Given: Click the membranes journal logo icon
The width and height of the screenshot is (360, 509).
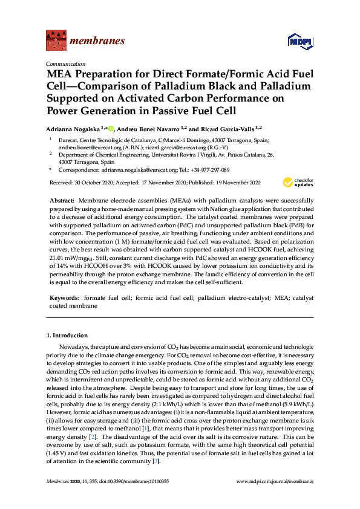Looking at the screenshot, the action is click(56, 41).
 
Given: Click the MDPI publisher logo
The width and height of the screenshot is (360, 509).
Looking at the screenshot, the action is click(298, 42).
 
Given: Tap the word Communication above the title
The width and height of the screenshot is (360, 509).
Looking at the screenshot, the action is click(66, 63).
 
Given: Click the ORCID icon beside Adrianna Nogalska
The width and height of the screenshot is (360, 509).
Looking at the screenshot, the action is click(111, 128).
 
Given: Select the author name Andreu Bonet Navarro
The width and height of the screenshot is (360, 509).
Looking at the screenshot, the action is click(149, 129).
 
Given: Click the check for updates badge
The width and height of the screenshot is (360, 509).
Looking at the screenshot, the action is click(298, 183).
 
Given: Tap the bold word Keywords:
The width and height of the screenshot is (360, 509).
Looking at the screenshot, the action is click(64, 299).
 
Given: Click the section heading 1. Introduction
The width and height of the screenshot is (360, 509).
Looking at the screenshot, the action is click(67, 335).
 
